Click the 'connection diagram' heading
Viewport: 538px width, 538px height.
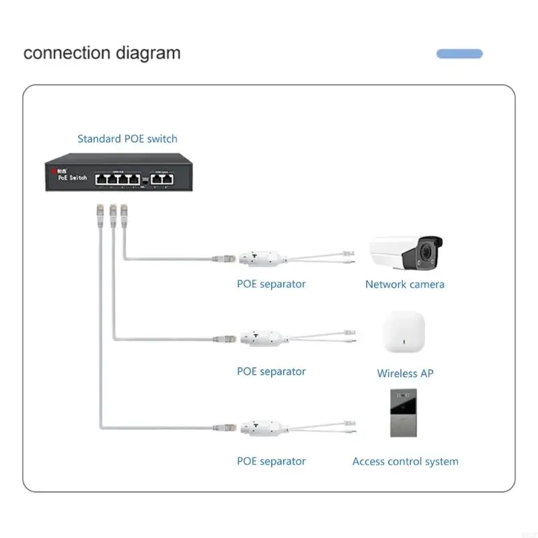(102, 53)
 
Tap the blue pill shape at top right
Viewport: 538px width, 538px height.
(459, 54)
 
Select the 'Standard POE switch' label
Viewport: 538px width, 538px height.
(127, 139)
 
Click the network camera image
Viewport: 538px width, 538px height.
(408, 254)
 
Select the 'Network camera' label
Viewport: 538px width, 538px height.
(404, 284)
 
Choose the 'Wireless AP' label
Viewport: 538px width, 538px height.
(405, 373)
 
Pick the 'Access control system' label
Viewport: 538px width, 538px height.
(405, 462)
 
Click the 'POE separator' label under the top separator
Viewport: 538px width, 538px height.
(271, 284)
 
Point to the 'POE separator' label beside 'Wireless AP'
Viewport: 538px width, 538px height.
(271, 372)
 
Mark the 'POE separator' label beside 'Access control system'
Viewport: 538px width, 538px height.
(271, 461)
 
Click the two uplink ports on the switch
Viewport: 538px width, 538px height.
(164, 179)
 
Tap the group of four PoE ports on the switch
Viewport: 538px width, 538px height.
(117, 179)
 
